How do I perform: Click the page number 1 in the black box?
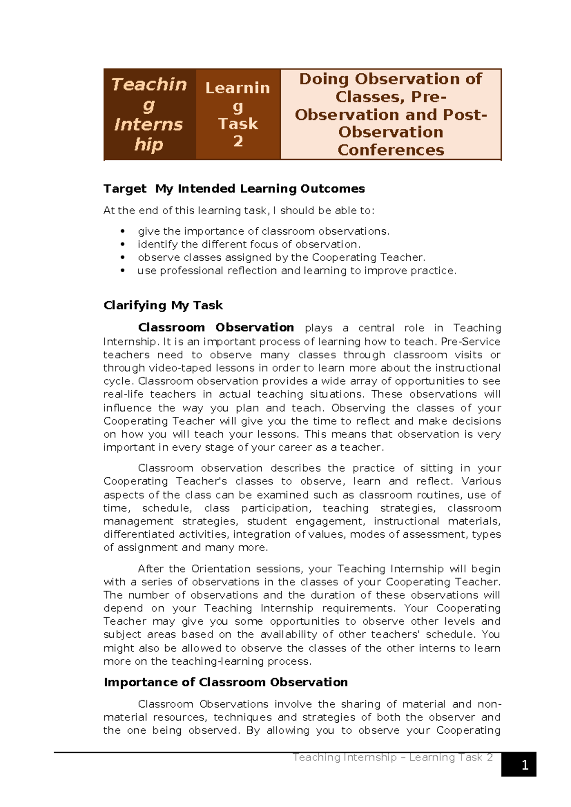(525, 765)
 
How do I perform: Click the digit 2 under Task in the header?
(238, 141)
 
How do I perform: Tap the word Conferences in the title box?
(391, 150)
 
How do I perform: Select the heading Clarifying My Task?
(163, 305)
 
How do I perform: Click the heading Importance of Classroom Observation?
(226, 682)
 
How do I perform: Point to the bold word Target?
(125, 188)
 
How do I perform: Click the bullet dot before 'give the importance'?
(123, 231)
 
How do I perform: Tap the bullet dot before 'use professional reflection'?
(123, 271)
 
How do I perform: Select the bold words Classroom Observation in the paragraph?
(216, 327)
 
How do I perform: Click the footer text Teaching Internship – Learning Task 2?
(393, 757)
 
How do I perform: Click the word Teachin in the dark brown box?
(149, 84)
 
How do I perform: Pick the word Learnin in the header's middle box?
(237, 88)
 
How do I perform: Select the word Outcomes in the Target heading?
(332, 188)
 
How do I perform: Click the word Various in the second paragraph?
(481, 481)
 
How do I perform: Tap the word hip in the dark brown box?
(148, 144)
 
